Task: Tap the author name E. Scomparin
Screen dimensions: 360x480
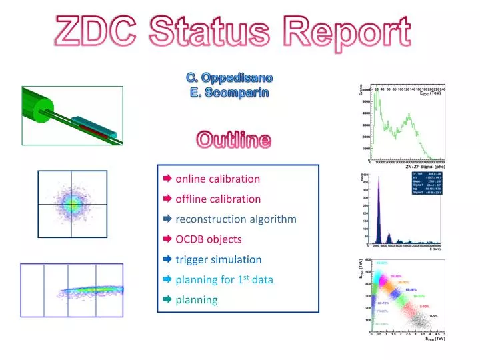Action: coord(229,93)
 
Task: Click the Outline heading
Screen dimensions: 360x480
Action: coord(233,140)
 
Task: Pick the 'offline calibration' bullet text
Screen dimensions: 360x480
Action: coord(218,199)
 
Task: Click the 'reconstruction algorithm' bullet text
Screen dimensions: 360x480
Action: coord(236,219)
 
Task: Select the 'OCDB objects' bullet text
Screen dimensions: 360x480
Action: coord(208,239)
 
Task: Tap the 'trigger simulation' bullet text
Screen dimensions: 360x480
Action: coord(218,259)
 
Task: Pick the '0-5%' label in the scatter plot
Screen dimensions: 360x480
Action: coord(433,315)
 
